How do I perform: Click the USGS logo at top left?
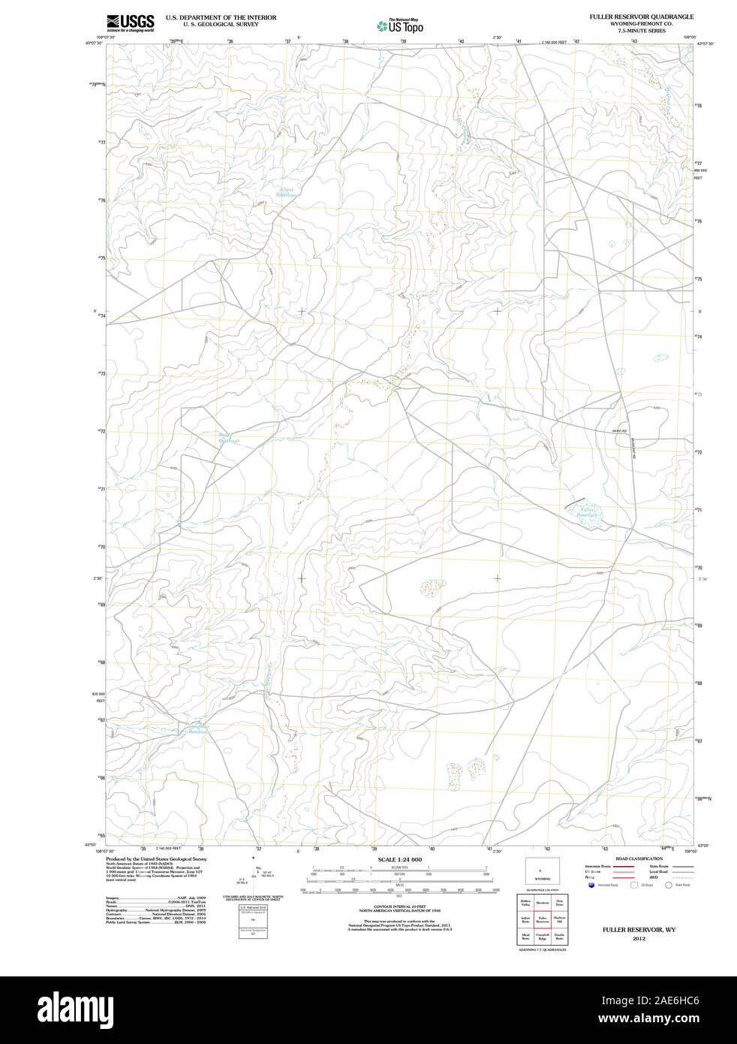click(130, 23)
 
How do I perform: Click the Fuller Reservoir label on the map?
click(587, 513)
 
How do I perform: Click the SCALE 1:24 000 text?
click(400, 859)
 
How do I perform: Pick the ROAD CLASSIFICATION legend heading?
click(639, 858)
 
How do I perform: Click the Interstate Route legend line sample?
click(623, 866)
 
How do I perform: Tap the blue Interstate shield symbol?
click(590, 886)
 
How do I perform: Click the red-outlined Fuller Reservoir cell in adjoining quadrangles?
click(541, 919)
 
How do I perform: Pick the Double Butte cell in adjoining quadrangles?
click(558, 936)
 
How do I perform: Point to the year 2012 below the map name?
click(639, 938)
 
